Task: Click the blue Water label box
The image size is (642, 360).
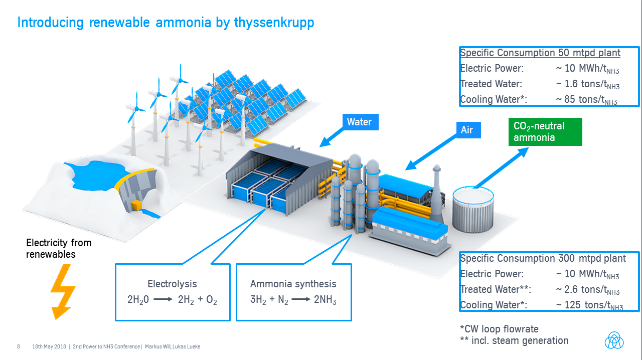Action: tap(359, 122)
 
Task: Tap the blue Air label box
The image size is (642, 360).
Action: tap(466, 130)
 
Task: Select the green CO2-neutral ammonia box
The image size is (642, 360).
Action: tap(545, 132)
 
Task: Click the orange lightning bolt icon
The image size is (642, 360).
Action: tap(63, 292)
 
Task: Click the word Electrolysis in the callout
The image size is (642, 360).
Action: tap(172, 284)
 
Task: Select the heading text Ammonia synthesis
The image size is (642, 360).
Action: tap(293, 284)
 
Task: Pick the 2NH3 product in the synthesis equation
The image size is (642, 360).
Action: tap(326, 300)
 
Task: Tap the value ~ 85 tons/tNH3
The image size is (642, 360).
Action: tap(586, 99)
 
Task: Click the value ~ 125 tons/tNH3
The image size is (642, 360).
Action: tap(589, 305)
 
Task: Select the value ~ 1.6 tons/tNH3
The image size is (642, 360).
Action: tap(587, 84)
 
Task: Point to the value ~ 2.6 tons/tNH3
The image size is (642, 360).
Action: tap(587, 289)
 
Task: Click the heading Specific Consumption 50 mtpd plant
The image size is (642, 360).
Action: tap(540, 53)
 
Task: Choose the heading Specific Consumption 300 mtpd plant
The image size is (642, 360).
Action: tap(543, 258)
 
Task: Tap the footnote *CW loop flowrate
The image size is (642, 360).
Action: tap(499, 329)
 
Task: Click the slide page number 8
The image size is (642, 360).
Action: tap(19, 346)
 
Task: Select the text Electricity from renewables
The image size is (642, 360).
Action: tap(59, 248)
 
